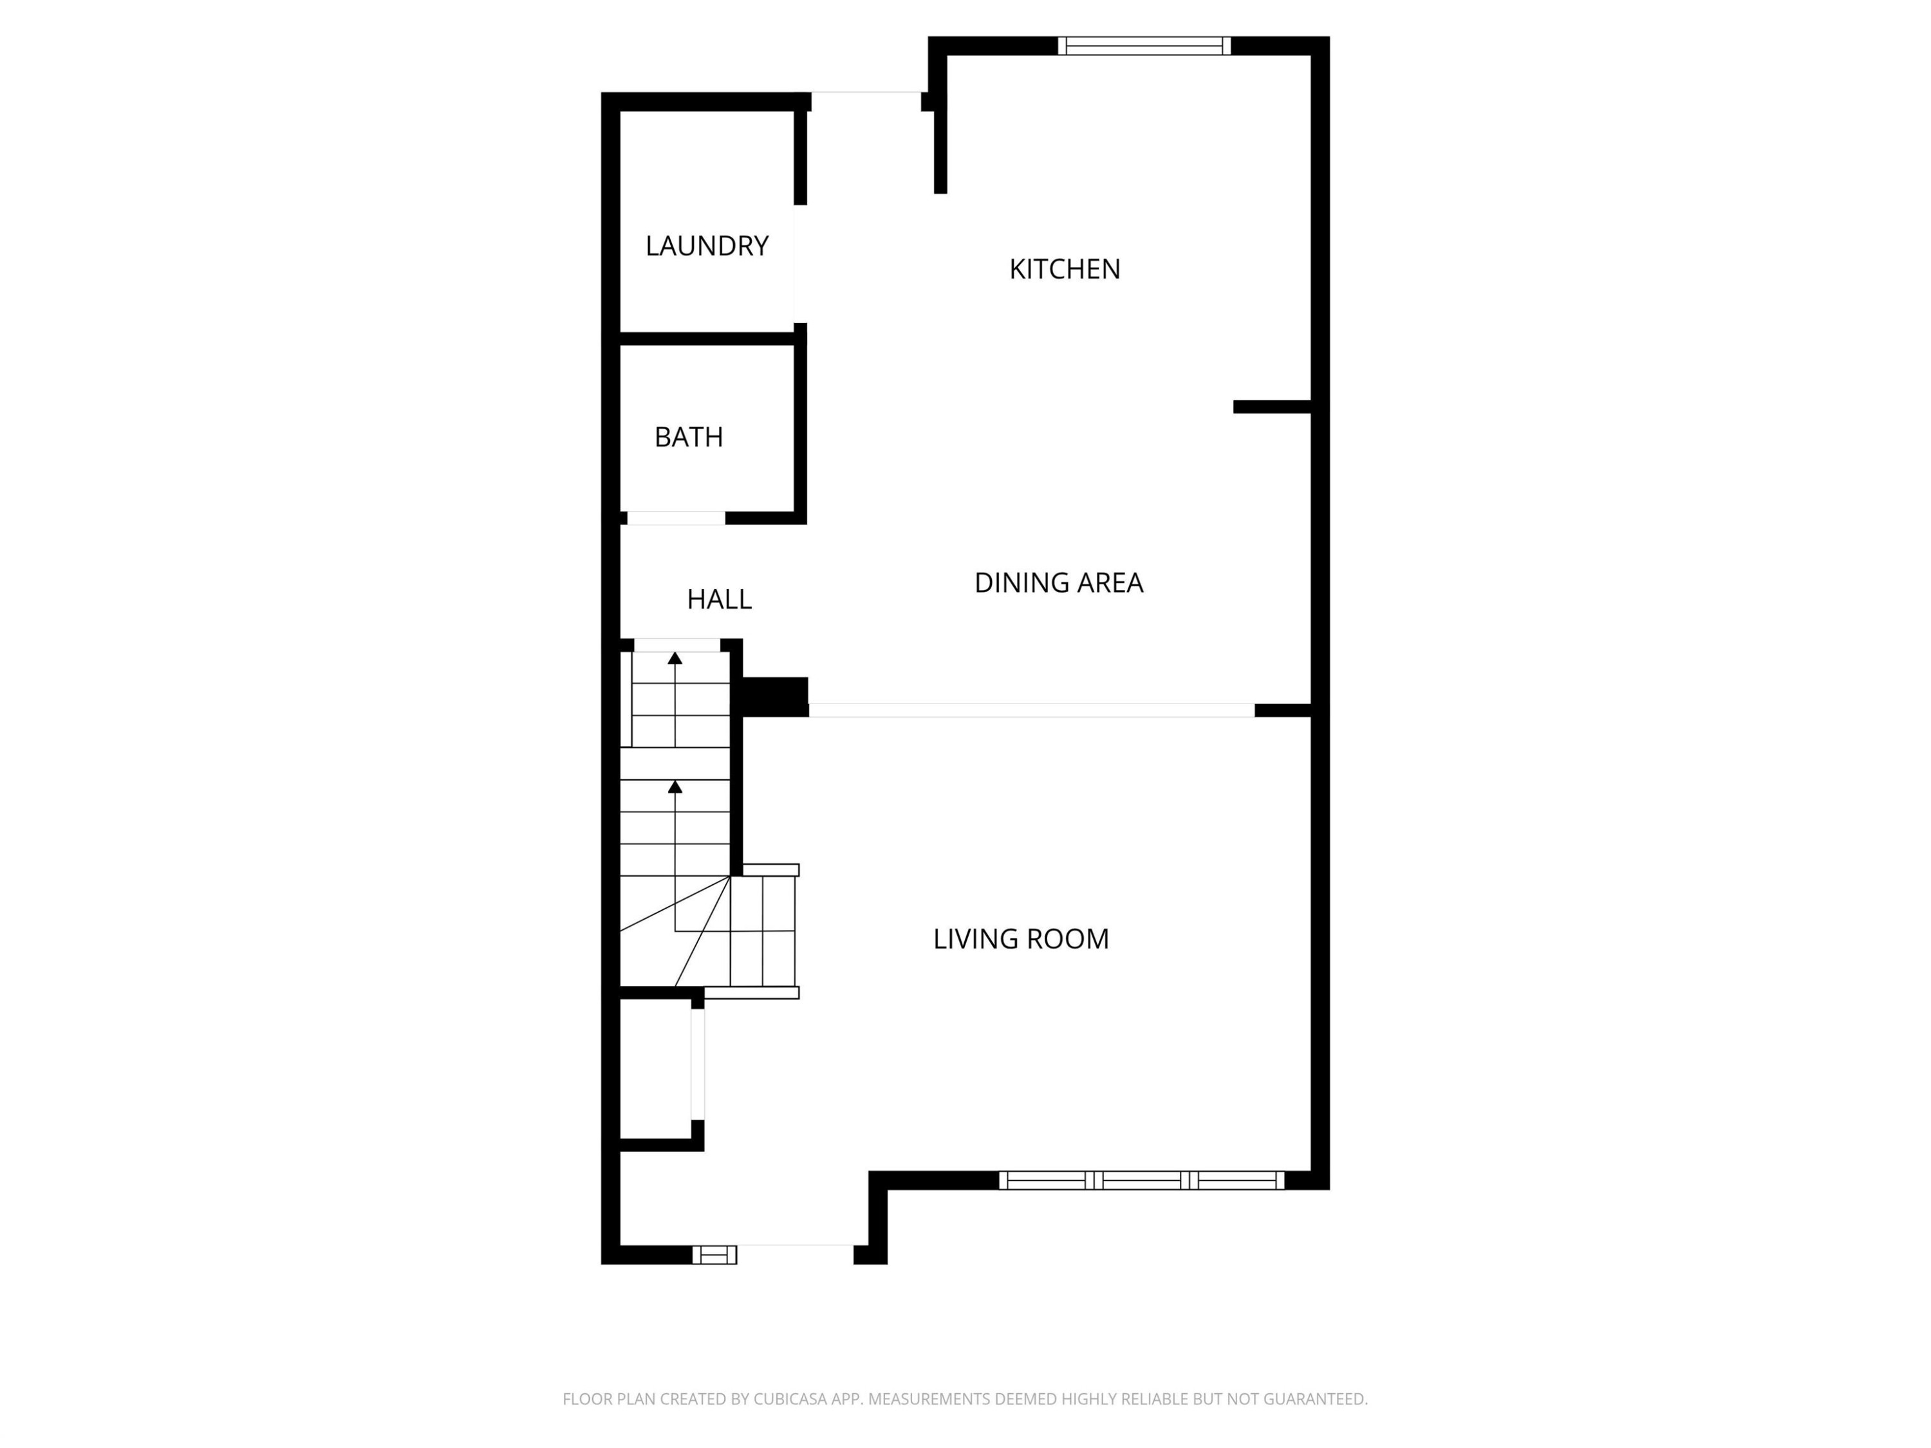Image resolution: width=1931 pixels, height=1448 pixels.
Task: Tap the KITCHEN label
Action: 1064,269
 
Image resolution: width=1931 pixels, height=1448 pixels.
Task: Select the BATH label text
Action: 688,436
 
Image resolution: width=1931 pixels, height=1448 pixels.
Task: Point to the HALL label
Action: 718,599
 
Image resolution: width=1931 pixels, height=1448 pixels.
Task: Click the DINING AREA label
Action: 1058,582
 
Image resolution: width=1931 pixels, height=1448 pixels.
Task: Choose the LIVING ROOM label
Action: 1020,938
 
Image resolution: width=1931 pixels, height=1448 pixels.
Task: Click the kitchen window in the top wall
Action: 1144,46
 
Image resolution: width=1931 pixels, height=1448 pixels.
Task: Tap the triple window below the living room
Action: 1141,1181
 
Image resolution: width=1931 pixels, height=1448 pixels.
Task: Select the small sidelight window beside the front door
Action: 714,1255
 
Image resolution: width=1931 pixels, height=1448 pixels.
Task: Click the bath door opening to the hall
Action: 676,519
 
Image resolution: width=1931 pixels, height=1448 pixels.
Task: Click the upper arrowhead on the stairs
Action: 675,658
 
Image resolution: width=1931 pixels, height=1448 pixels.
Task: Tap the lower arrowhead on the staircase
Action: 675,786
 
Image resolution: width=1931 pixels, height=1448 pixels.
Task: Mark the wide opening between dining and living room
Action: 1031,710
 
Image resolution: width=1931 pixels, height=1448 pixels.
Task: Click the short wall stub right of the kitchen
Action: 1271,407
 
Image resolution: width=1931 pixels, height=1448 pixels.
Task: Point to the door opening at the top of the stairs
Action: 676,645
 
